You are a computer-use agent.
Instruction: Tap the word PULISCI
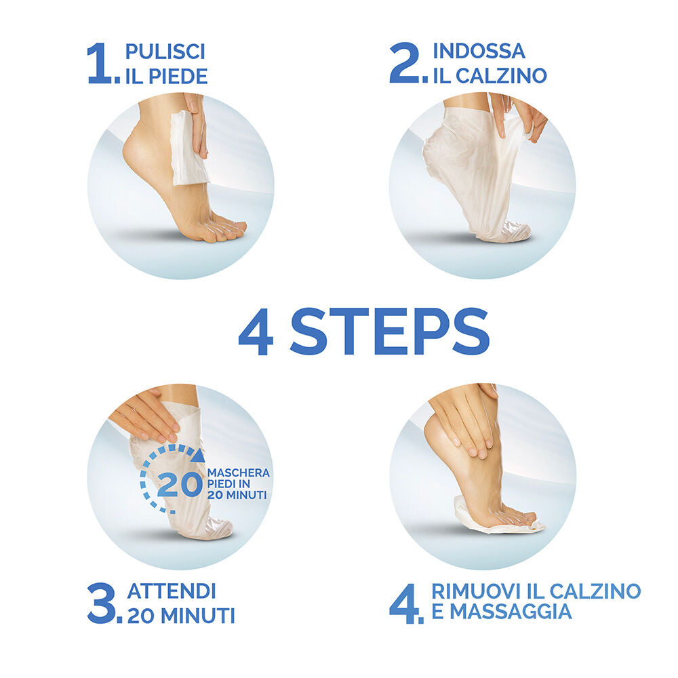(x=165, y=52)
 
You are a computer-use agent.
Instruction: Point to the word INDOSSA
(x=479, y=51)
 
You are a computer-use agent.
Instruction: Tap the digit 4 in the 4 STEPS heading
(x=256, y=332)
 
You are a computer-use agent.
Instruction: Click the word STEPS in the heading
(x=390, y=332)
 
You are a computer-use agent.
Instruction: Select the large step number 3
(x=102, y=603)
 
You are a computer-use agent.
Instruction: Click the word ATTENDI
(x=172, y=591)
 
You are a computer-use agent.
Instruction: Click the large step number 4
(x=405, y=603)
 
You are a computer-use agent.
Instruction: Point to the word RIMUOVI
(x=477, y=591)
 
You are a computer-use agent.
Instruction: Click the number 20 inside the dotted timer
(x=180, y=484)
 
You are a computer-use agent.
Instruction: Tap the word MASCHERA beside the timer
(x=238, y=473)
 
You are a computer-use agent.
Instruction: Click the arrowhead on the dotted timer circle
(x=199, y=456)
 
